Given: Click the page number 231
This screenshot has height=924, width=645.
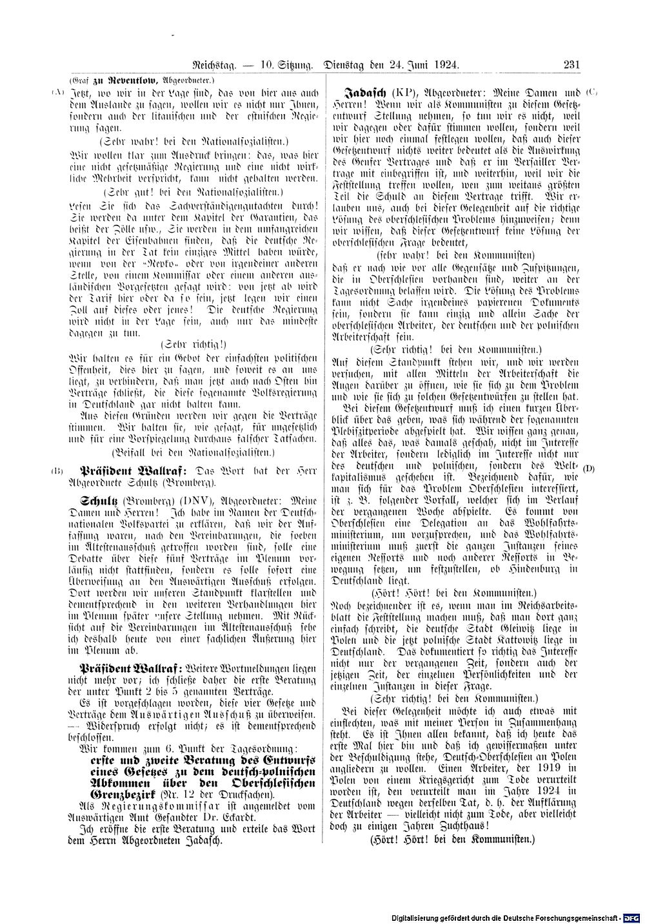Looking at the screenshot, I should [571, 64].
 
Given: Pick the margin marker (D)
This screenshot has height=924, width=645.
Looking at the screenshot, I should [589, 467].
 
